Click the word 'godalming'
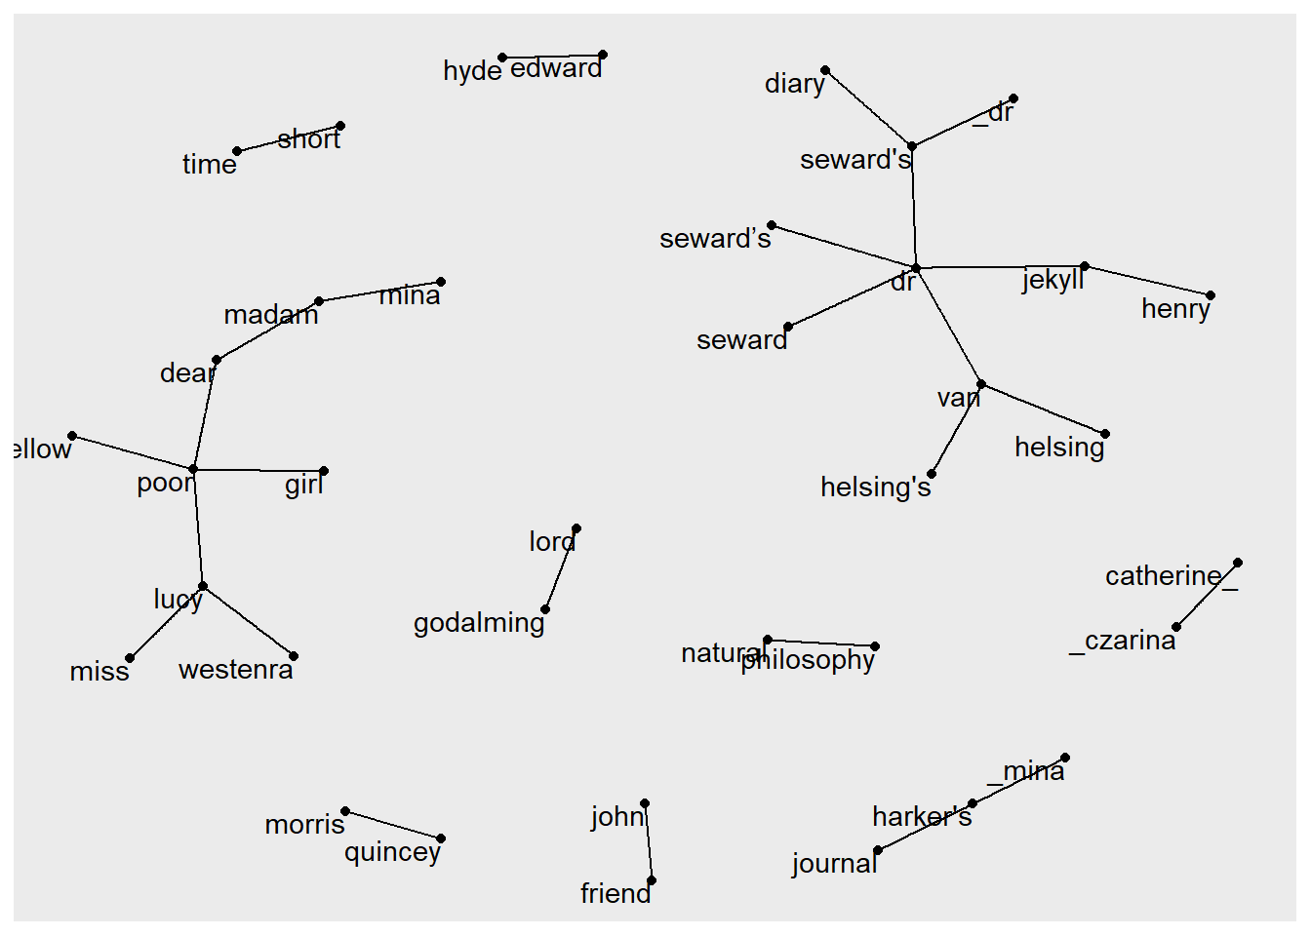tap(479, 623)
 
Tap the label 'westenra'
tap(236, 670)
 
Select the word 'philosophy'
tap(808, 660)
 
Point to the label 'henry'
tap(1175, 309)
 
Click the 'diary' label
tap(794, 84)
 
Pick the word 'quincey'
tap(392, 852)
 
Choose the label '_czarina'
tap(1123, 641)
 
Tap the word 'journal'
tap(834, 864)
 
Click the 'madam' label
tap(271, 315)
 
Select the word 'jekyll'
tap(1053, 280)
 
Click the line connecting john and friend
tap(649, 842)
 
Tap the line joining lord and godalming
tap(561, 569)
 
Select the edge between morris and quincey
tap(393, 825)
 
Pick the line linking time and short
tap(289, 138)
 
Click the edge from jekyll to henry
tap(1147, 281)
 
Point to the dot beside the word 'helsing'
tap(1105, 434)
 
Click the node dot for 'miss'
tap(130, 658)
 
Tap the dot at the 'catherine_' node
tap(1238, 563)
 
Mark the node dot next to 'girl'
tap(324, 471)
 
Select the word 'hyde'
tap(472, 71)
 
